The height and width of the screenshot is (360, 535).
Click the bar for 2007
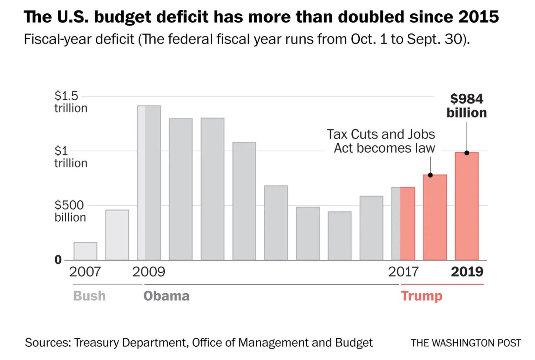pos(85,251)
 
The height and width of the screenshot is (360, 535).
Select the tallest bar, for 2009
pos(149,182)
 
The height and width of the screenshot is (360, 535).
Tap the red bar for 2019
pos(467,207)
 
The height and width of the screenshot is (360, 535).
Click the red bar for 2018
pos(435,218)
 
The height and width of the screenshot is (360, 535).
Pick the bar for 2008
pos(117,235)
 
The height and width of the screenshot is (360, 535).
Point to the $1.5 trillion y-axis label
pos(70,102)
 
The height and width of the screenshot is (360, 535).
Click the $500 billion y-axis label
pos(70,211)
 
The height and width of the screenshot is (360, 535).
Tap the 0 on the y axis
pos(58,260)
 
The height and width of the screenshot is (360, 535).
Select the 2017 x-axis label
pos(403,272)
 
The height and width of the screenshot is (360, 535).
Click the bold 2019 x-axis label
pos(467,272)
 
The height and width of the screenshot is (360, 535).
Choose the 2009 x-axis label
pos(149,272)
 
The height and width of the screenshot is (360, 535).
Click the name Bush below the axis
pos(89,296)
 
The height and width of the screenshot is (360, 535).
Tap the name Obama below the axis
pos(166,296)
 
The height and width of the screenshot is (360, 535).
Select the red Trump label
pos(422,296)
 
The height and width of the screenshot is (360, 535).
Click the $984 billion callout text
pos(467,106)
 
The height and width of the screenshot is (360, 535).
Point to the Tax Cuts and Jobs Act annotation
pos(381,141)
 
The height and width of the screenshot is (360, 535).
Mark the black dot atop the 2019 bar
pos(467,153)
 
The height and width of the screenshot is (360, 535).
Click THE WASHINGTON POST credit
pos(466,343)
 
